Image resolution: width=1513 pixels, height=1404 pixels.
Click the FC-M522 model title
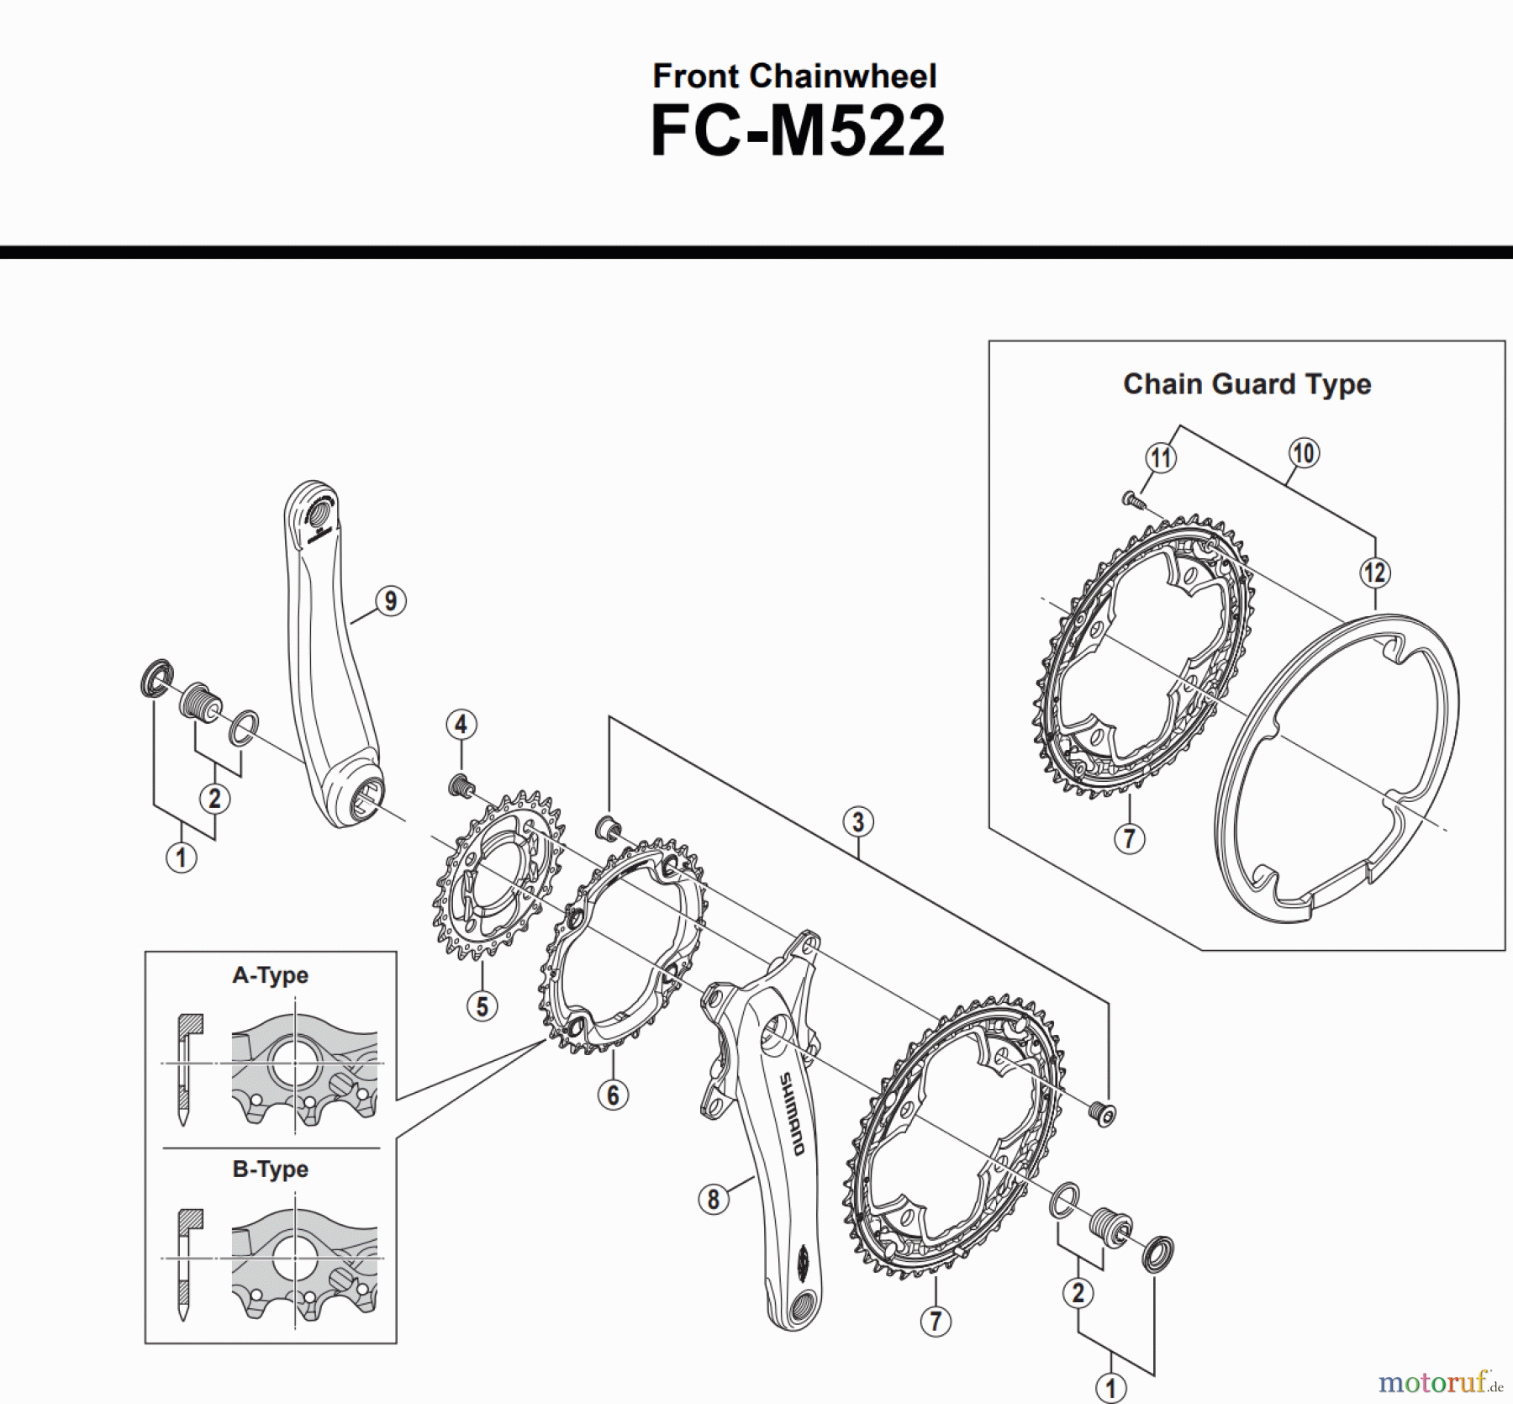(797, 133)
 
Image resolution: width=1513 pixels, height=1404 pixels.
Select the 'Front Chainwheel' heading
(794, 77)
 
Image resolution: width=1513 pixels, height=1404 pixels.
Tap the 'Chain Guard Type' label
(1247, 384)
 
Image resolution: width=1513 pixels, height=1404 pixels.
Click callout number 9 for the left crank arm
(390, 601)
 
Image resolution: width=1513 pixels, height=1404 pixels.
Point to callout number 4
(461, 724)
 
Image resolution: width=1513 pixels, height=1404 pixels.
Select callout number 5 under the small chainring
(482, 1005)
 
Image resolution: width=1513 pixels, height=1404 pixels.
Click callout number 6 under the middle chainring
(613, 1095)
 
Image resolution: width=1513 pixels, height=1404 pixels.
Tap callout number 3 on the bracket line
(857, 821)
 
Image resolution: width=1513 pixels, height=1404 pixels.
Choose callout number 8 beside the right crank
(713, 1199)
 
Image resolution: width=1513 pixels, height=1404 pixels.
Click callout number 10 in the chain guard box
(1303, 453)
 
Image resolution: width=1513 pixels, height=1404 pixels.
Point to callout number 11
(1161, 458)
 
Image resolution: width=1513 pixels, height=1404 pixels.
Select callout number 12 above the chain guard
(1374, 573)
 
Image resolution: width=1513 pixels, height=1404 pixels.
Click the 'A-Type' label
(270, 975)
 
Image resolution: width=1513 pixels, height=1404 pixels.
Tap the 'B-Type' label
(270, 1169)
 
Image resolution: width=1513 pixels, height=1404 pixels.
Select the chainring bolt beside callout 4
(459, 785)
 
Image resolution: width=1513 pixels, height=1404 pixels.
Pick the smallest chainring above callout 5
(498, 874)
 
